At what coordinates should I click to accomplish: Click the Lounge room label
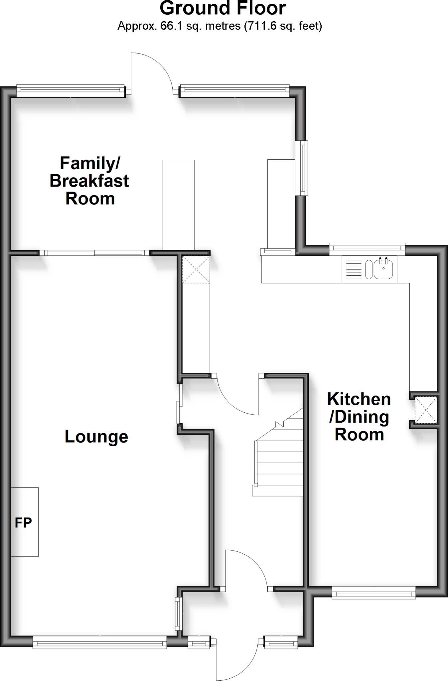[x=96, y=437]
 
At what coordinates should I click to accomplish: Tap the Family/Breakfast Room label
[x=89, y=181]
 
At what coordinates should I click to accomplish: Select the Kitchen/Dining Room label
[x=359, y=417]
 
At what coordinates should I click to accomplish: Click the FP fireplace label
[x=23, y=523]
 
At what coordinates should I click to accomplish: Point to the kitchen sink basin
[x=385, y=269]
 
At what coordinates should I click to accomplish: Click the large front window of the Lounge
[x=99, y=641]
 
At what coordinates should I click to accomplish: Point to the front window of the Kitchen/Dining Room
[x=373, y=592]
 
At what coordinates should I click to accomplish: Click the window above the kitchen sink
[x=367, y=249]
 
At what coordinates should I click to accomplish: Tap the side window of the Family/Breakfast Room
[x=303, y=168]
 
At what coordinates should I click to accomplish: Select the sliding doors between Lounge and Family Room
[x=94, y=253]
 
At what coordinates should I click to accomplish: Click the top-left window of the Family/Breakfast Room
[x=69, y=90]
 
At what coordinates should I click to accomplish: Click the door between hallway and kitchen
[x=237, y=396]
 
